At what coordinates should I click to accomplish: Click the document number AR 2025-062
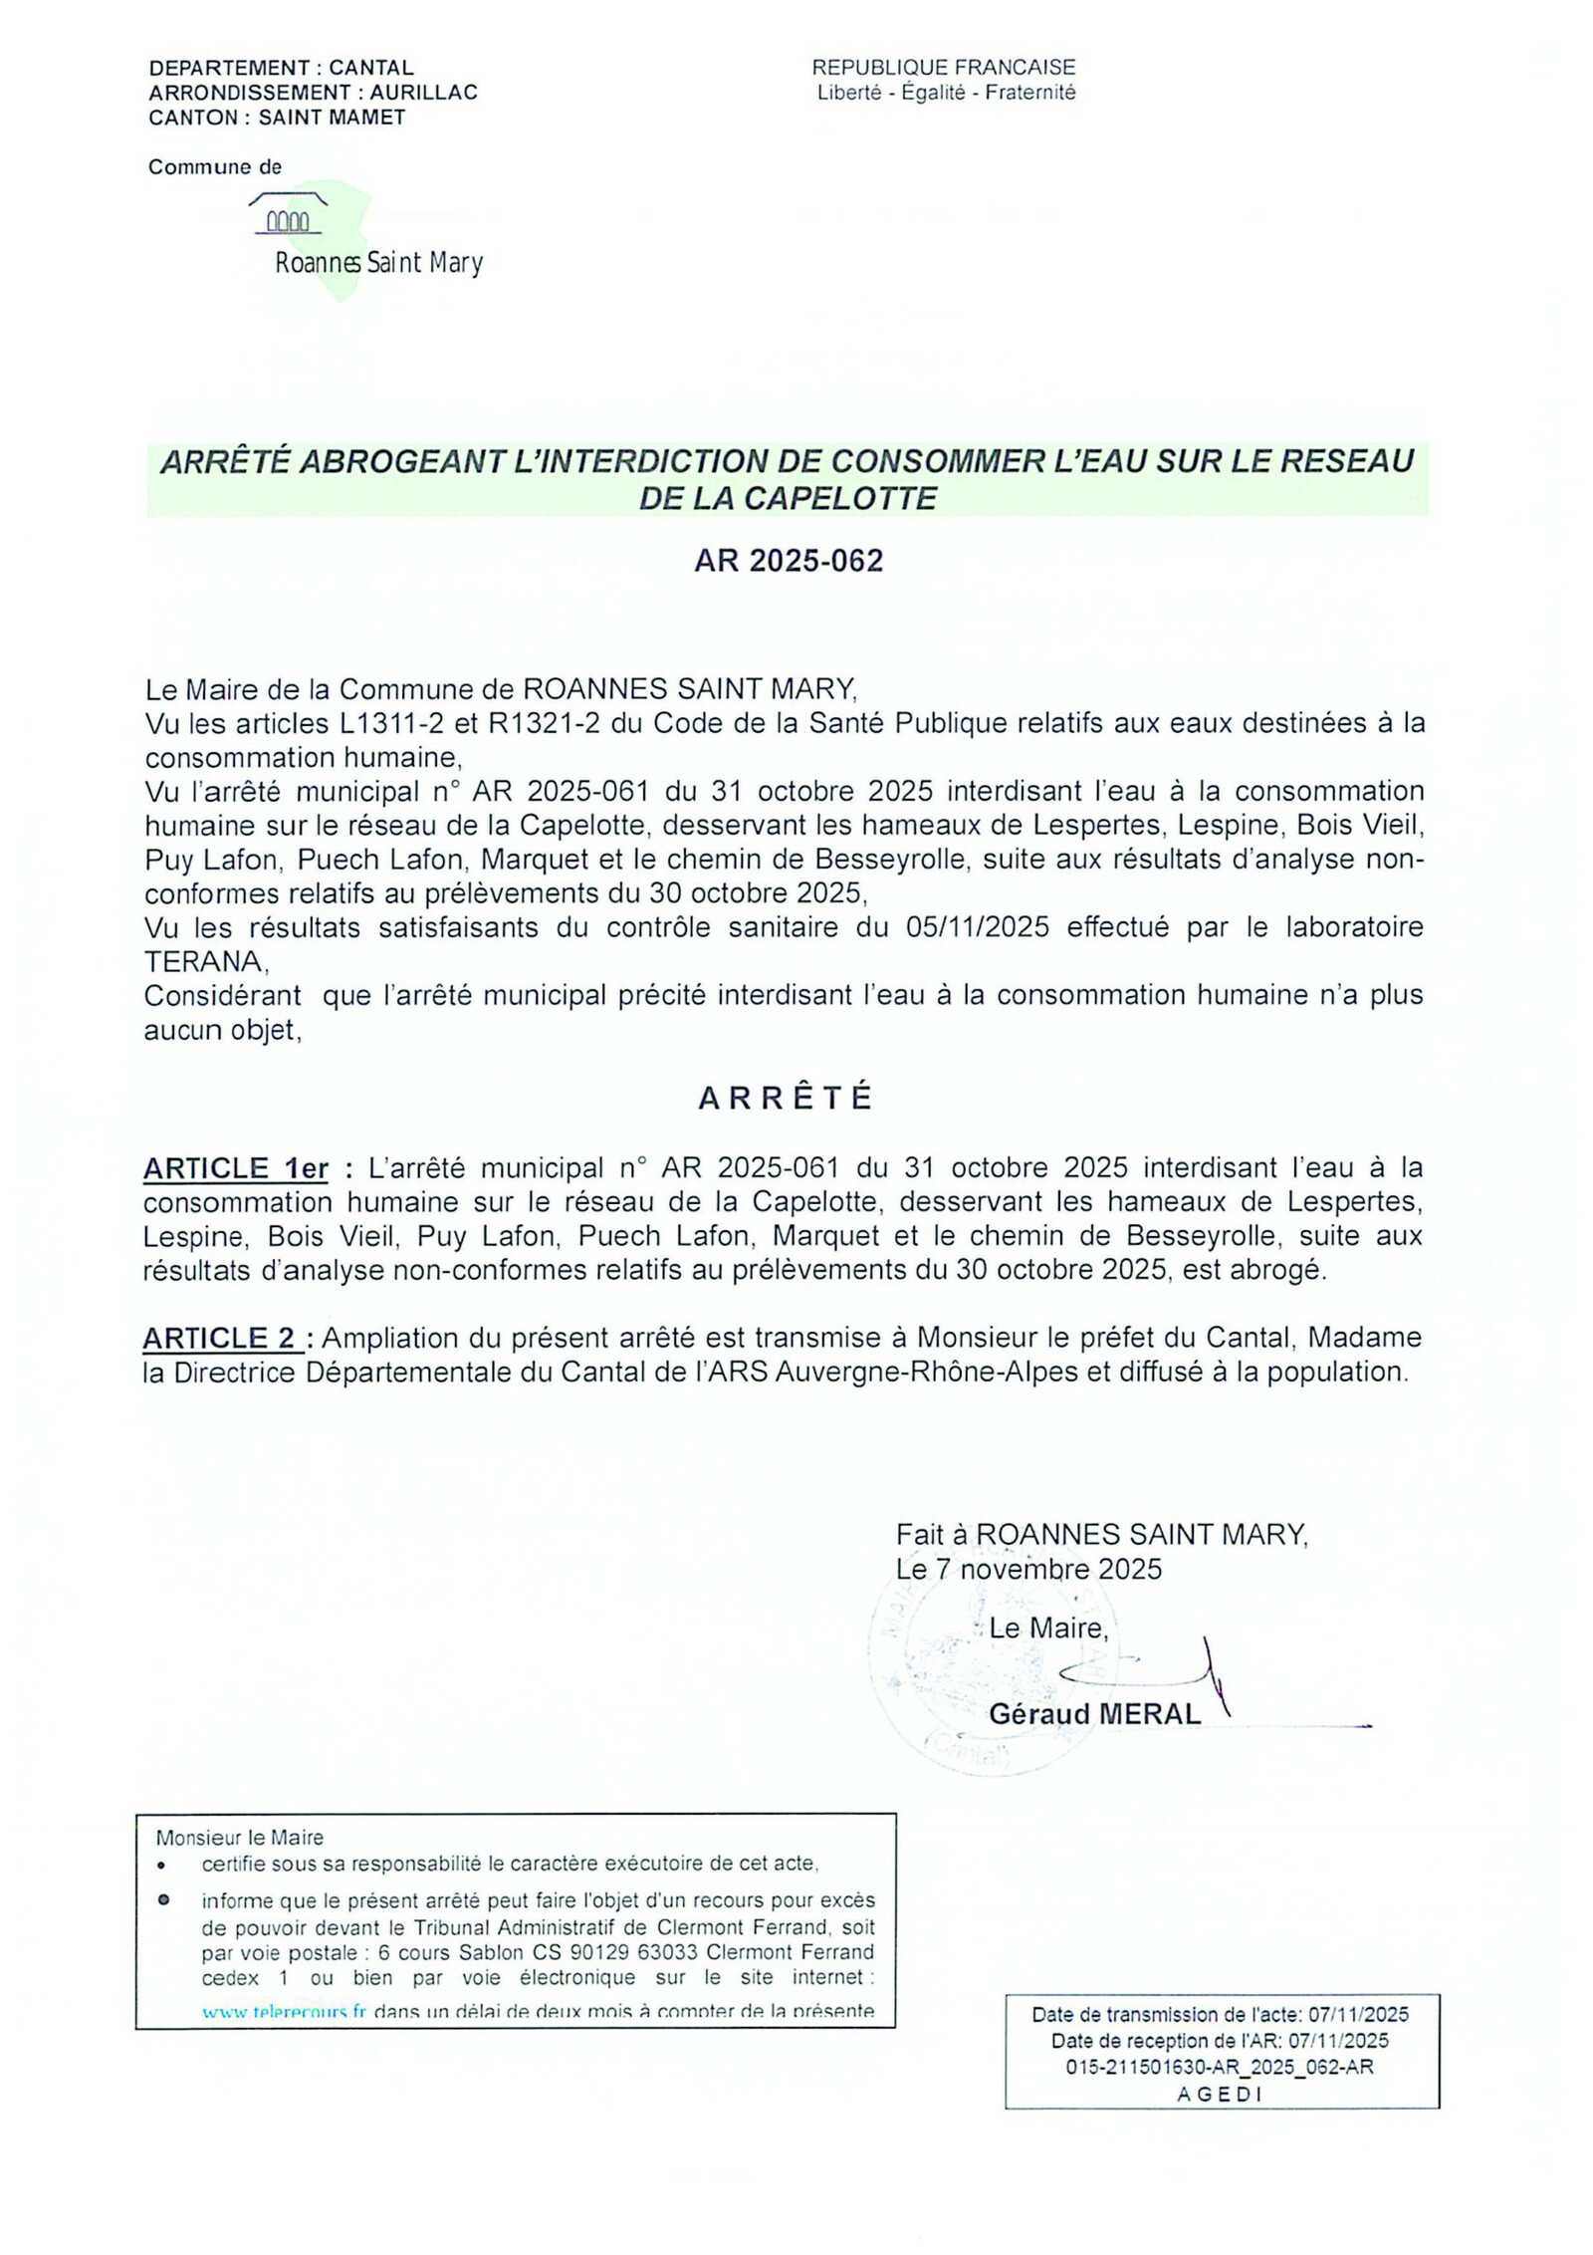pyautogui.click(x=788, y=561)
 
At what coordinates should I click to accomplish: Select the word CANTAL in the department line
pyautogui.click(x=370, y=68)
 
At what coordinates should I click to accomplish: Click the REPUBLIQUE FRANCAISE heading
pyautogui.click(x=943, y=67)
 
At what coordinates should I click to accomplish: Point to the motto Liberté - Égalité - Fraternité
pyautogui.click(x=946, y=93)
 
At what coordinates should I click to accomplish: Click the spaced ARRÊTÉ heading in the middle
pyautogui.click(x=786, y=1098)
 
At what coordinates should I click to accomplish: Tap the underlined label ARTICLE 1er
pyautogui.click(x=236, y=1168)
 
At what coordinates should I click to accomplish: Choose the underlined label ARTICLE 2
pyautogui.click(x=221, y=1339)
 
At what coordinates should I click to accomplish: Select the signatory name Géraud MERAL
pyautogui.click(x=1094, y=1714)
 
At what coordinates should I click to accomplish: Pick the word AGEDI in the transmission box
pyautogui.click(x=1220, y=2094)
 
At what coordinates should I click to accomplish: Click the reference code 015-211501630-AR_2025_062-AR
pyautogui.click(x=1220, y=2067)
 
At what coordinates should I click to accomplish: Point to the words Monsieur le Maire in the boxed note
pyautogui.click(x=240, y=1838)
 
